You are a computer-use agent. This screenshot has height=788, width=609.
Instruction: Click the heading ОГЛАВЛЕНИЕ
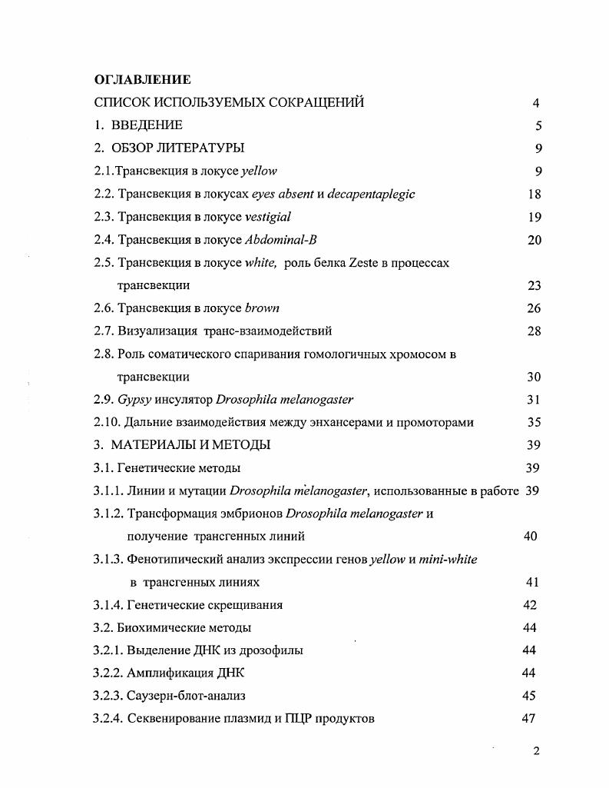coord(142,79)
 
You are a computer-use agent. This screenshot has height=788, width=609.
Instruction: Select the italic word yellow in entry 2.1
coord(259,171)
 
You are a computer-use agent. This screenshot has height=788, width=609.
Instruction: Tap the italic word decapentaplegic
coord(371,194)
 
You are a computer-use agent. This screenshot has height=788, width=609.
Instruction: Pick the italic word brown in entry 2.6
coord(262,308)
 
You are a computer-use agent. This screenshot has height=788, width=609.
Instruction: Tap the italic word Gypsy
coord(134,400)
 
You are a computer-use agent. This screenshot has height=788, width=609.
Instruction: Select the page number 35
coord(535,422)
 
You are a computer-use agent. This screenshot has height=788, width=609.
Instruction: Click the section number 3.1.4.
coord(109,605)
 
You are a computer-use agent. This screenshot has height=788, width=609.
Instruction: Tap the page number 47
coord(528,719)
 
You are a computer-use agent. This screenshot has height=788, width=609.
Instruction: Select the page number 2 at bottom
coord(536,751)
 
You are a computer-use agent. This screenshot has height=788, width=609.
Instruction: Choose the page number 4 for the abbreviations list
coord(536,103)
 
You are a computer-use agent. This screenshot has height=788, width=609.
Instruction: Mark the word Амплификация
coord(161,673)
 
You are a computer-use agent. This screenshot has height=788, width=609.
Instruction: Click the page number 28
coord(535,331)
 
